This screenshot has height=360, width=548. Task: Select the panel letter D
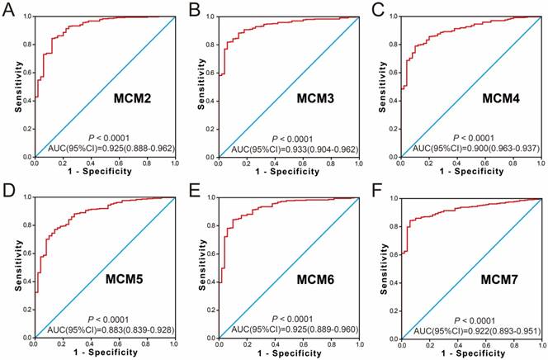coord(9,192)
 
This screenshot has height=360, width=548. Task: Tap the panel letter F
coord(376,192)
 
